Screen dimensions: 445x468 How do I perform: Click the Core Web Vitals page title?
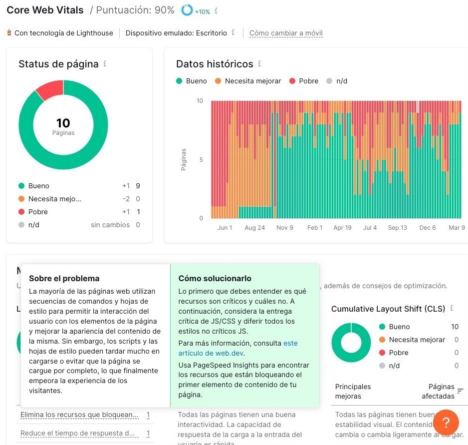pyautogui.click(x=45, y=10)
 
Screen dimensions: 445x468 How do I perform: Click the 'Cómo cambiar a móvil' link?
pyautogui.click(x=286, y=33)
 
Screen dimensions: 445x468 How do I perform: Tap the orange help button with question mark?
pyautogui.click(x=446, y=422)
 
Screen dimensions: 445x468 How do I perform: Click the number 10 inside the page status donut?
pyautogui.click(x=63, y=123)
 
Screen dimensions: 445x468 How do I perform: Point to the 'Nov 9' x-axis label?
pyautogui.click(x=285, y=228)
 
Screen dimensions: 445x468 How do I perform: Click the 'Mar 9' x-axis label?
pyautogui.click(x=456, y=228)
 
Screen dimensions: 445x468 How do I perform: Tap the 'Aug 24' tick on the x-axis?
pyautogui.click(x=254, y=228)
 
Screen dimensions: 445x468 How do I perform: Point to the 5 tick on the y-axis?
pyautogui.click(x=201, y=160)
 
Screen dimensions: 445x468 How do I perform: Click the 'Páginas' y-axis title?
pyautogui.click(x=184, y=159)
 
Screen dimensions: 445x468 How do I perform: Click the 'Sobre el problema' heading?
pyautogui.click(x=64, y=278)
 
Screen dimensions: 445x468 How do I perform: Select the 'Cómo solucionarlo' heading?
pyautogui.click(x=215, y=278)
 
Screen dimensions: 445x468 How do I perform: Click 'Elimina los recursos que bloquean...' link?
pyautogui.click(x=79, y=415)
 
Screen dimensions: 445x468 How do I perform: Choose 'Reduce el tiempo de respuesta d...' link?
pyautogui.click(x=77, y=433)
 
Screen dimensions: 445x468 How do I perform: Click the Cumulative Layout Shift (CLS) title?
pyautogui.click(x=388, y=309)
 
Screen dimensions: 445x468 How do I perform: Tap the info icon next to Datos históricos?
pyautogui.click(x=259, y=64)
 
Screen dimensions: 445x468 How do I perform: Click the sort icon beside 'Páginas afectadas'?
pyautogui.click(x=460, y=391)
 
